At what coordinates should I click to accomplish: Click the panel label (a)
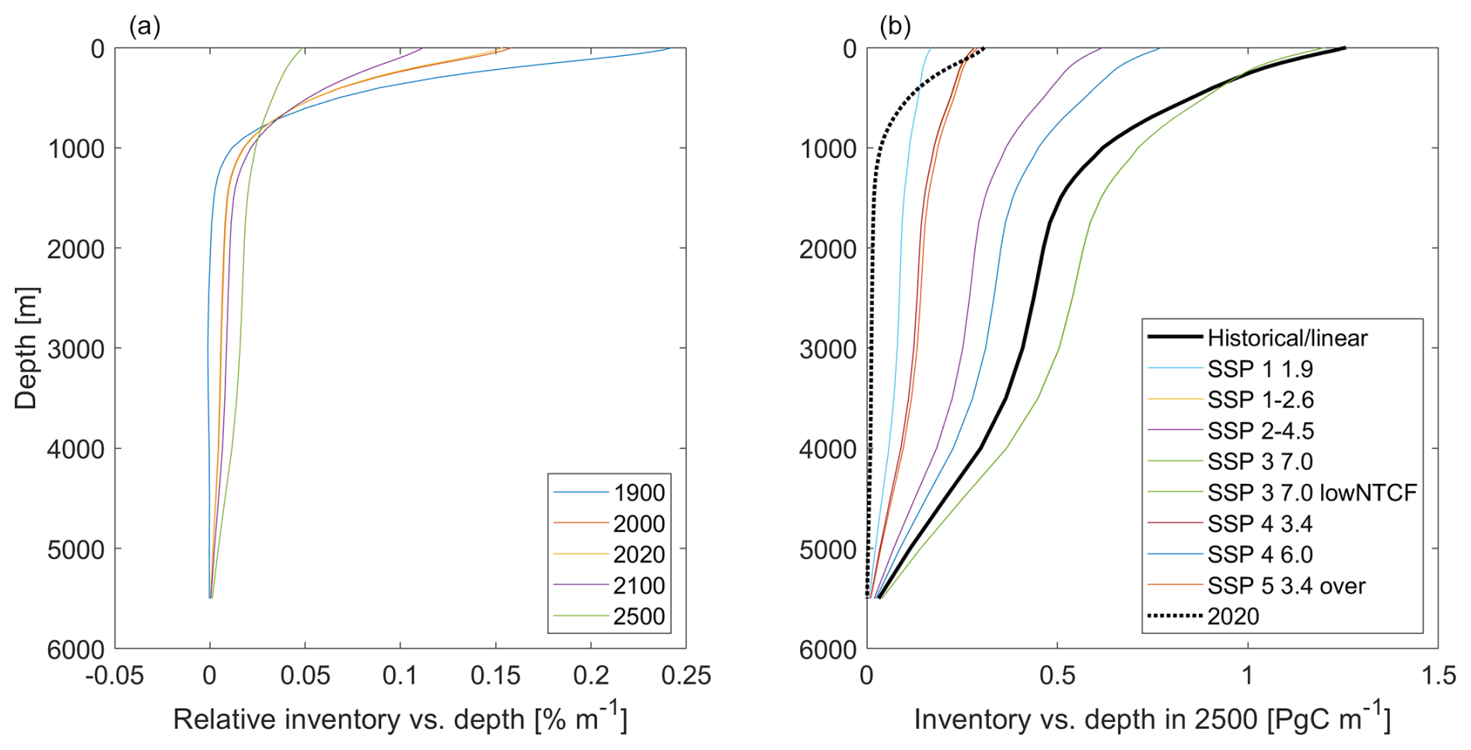tap(145, 26)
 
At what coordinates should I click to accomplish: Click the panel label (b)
tap(895, 26)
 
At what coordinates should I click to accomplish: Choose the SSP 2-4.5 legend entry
tap(1260, 431)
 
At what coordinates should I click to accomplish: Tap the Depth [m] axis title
tap(26, 348)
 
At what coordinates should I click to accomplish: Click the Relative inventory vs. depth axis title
tap(400, 717)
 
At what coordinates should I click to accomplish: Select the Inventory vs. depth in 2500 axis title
tap(1152, 717)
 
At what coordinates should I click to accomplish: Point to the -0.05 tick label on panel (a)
tap(114, 675)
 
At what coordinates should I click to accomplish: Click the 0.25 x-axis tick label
tap(686, 675)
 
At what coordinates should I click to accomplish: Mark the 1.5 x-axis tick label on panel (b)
tap(1438, 675)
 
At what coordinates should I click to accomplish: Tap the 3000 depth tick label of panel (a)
tap(75, 349)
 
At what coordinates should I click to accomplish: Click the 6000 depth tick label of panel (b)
tap(828, 650)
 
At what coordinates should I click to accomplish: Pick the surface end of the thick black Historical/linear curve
tap(1344, 49)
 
